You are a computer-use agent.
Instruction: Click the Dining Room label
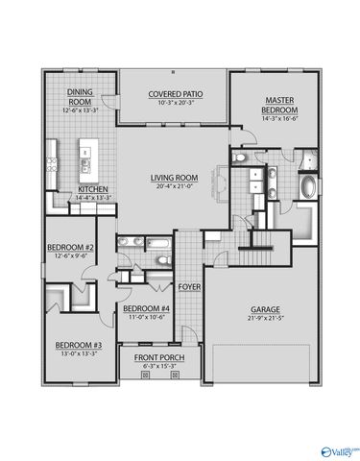click(x=79, y=96)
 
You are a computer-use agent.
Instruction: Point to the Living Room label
click(x=173, y=177)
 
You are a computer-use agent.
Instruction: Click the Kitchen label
click(x=93, y=188)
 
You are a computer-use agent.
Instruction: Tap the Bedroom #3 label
click(x=77, y=344)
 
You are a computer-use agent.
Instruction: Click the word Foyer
click(x=189, y=286)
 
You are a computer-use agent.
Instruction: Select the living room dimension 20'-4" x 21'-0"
click(x=173, y=185)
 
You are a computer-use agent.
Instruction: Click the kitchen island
click(x=87, y=153)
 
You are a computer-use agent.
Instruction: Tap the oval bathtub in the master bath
click(x=309, y=186)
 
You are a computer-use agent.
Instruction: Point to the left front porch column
click(x=144, y=376)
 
